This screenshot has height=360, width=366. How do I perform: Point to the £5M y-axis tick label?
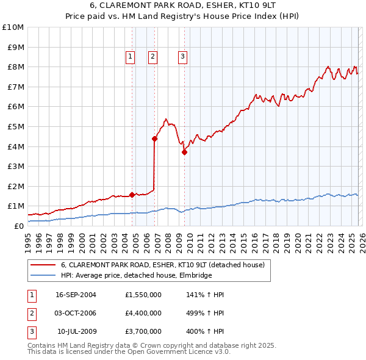point(15,126)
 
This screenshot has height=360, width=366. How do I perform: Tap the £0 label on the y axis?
point(18,226)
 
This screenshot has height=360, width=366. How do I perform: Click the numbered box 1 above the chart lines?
point(131,57)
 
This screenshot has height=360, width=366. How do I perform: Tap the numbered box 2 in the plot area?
point(152,57)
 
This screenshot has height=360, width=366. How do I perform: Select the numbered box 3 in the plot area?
point(182,57)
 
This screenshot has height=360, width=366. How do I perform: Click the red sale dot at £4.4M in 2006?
point(154,139)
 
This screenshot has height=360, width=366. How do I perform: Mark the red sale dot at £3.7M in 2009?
point(184,153)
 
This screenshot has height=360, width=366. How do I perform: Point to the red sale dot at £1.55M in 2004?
point(132,195)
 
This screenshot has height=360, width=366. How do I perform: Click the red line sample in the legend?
point(43,265)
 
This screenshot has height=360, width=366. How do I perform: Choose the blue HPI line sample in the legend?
point(43,276)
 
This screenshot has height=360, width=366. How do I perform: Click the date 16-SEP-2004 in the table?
point(76,295)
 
